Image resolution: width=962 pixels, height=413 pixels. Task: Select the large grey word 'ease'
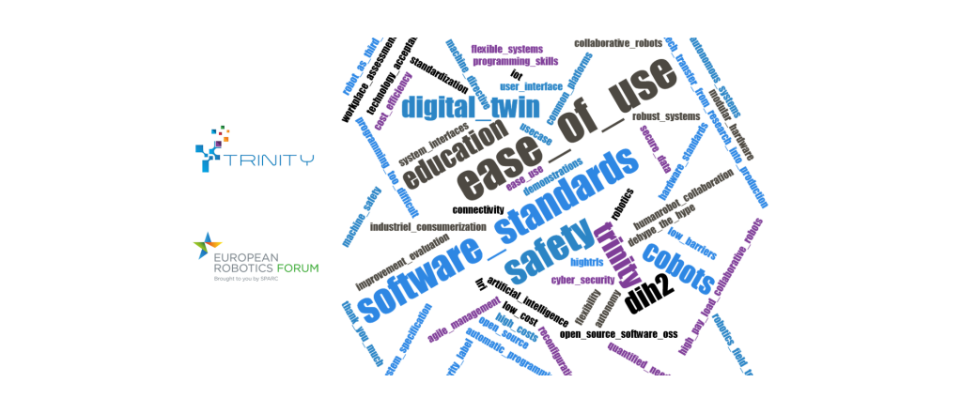489,170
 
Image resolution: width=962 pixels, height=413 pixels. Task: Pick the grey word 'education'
449,161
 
